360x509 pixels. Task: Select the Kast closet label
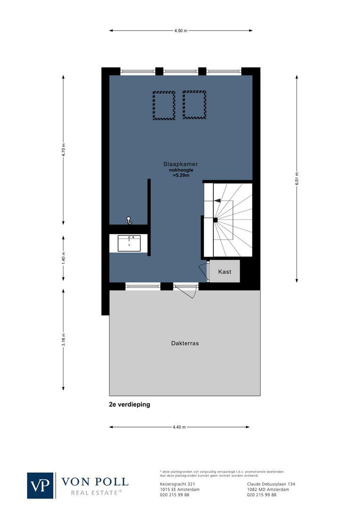(x=224, y=272)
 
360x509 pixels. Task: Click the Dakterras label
(x=185, y=343)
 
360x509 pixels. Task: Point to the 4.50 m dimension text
(x=180, y=31)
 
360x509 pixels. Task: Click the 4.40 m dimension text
(x=180, y=427)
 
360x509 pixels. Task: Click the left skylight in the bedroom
(x=164, y=106)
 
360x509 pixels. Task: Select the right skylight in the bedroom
(x=194, y=105)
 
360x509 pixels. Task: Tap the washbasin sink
(x=129, y=244)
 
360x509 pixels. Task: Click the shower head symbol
(x=129, y=220)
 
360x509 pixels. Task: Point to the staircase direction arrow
(x=218, y=200)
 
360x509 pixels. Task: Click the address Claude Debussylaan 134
(x=271, y=484)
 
